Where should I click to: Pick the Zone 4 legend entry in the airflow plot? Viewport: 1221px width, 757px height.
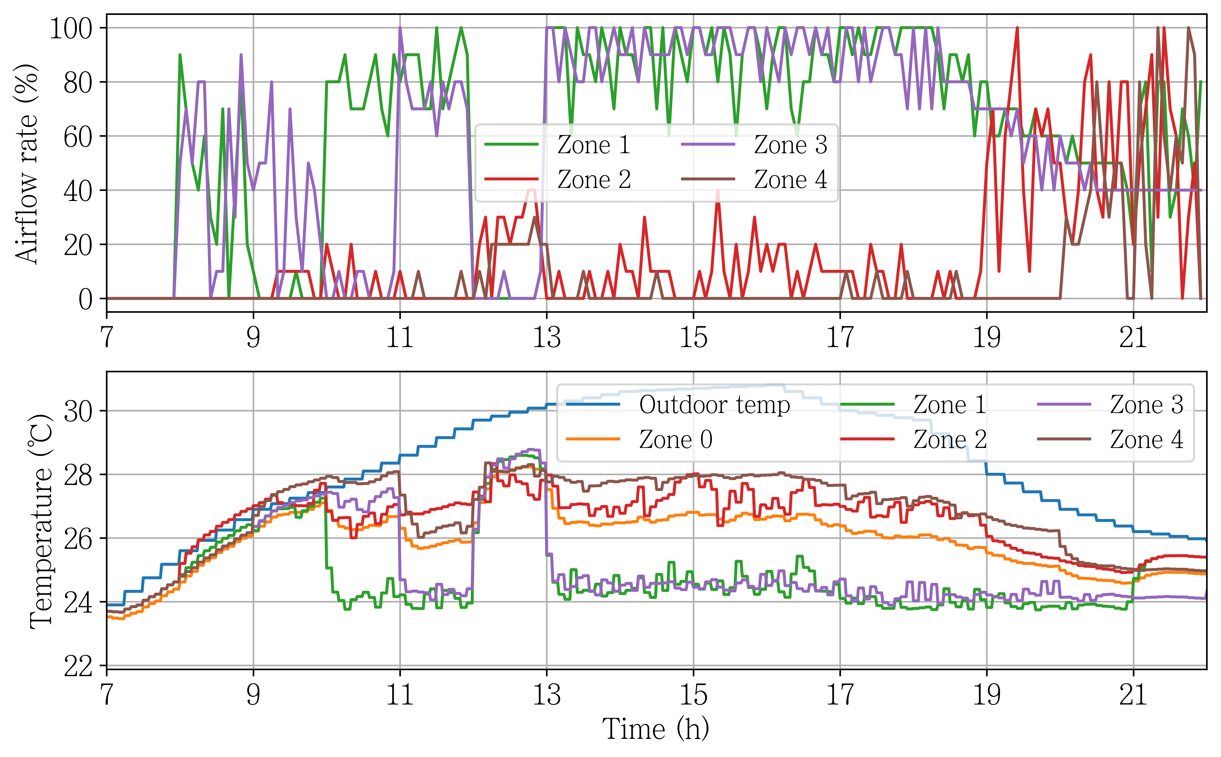754,179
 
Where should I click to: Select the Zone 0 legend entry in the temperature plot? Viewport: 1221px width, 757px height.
639,439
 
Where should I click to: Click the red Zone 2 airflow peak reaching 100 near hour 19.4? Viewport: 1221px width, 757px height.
1017,28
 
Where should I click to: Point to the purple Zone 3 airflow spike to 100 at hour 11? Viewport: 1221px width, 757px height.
400,28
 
